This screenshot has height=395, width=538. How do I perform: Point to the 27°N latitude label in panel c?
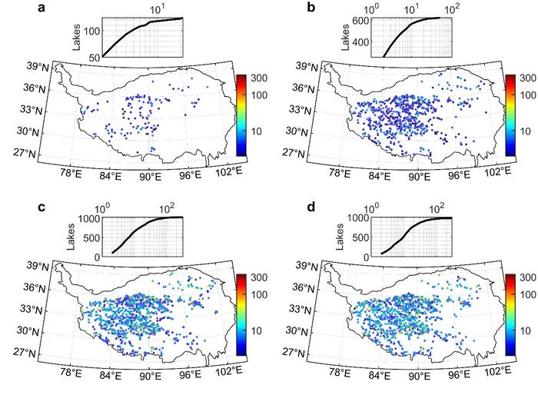[35, 354]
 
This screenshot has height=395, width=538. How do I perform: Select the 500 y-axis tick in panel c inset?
[89, 237]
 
